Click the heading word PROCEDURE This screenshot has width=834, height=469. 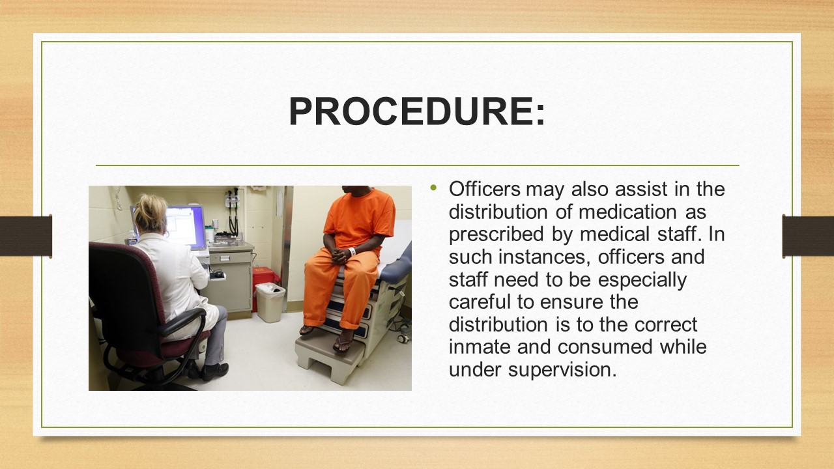pyautogui.click(x=411, y=111)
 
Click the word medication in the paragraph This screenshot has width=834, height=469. pyautogui.click(x=627, y=212)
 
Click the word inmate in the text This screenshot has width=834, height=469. pyautogui.click(x=480, y=347)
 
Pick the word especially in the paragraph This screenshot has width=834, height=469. pyautogui.click(x=642, y=280)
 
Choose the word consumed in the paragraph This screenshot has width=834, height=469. pyautogui.click(x=605, y=347)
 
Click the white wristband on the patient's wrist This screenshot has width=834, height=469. pyautogui.click(x=352, y=251)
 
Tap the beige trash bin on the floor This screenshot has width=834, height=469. pyautogui.click(x=270, y=302)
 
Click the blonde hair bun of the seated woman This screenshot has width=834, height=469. pyautogui.click(x=150, y=212)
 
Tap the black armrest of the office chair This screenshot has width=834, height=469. pyautogui.click(x=184, y=320)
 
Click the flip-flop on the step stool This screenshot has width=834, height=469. pyautogui.click(x=343, y=344)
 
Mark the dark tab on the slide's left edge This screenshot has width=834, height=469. pyautogui.click(x=25, y=236)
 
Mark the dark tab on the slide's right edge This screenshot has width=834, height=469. pyautogui.click(x=808, y=236)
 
